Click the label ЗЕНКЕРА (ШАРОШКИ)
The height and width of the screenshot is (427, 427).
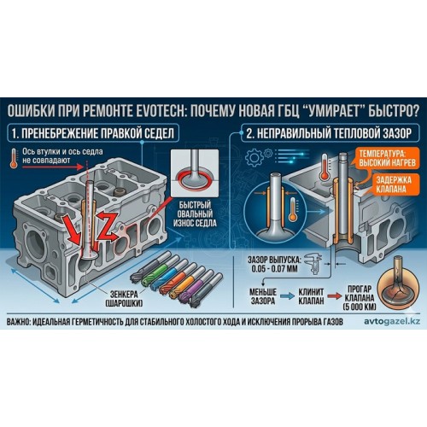click(x=124, y=299)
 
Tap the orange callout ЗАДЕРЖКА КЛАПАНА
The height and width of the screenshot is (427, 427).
click(x=394, y=184)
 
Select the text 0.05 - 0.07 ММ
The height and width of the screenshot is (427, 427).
click(x=274, y=269)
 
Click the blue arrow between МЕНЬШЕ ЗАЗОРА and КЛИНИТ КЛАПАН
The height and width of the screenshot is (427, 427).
click(x=287, y=296)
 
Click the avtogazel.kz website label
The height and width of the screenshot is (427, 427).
click(x=392, y=321)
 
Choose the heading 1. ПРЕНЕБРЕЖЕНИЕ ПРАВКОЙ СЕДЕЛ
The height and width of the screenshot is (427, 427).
click(x=93, y=133)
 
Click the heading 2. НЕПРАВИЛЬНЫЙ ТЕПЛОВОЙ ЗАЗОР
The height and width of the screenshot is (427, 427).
click(x=329, y=133)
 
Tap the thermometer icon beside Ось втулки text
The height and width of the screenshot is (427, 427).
click(x=14, y=158)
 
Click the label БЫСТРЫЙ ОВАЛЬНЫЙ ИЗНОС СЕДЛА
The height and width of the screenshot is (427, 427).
click(x=195, y=214)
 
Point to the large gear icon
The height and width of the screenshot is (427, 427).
click(x=254, y=157)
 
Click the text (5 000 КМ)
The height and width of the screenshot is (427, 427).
click(x=360, y=307)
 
